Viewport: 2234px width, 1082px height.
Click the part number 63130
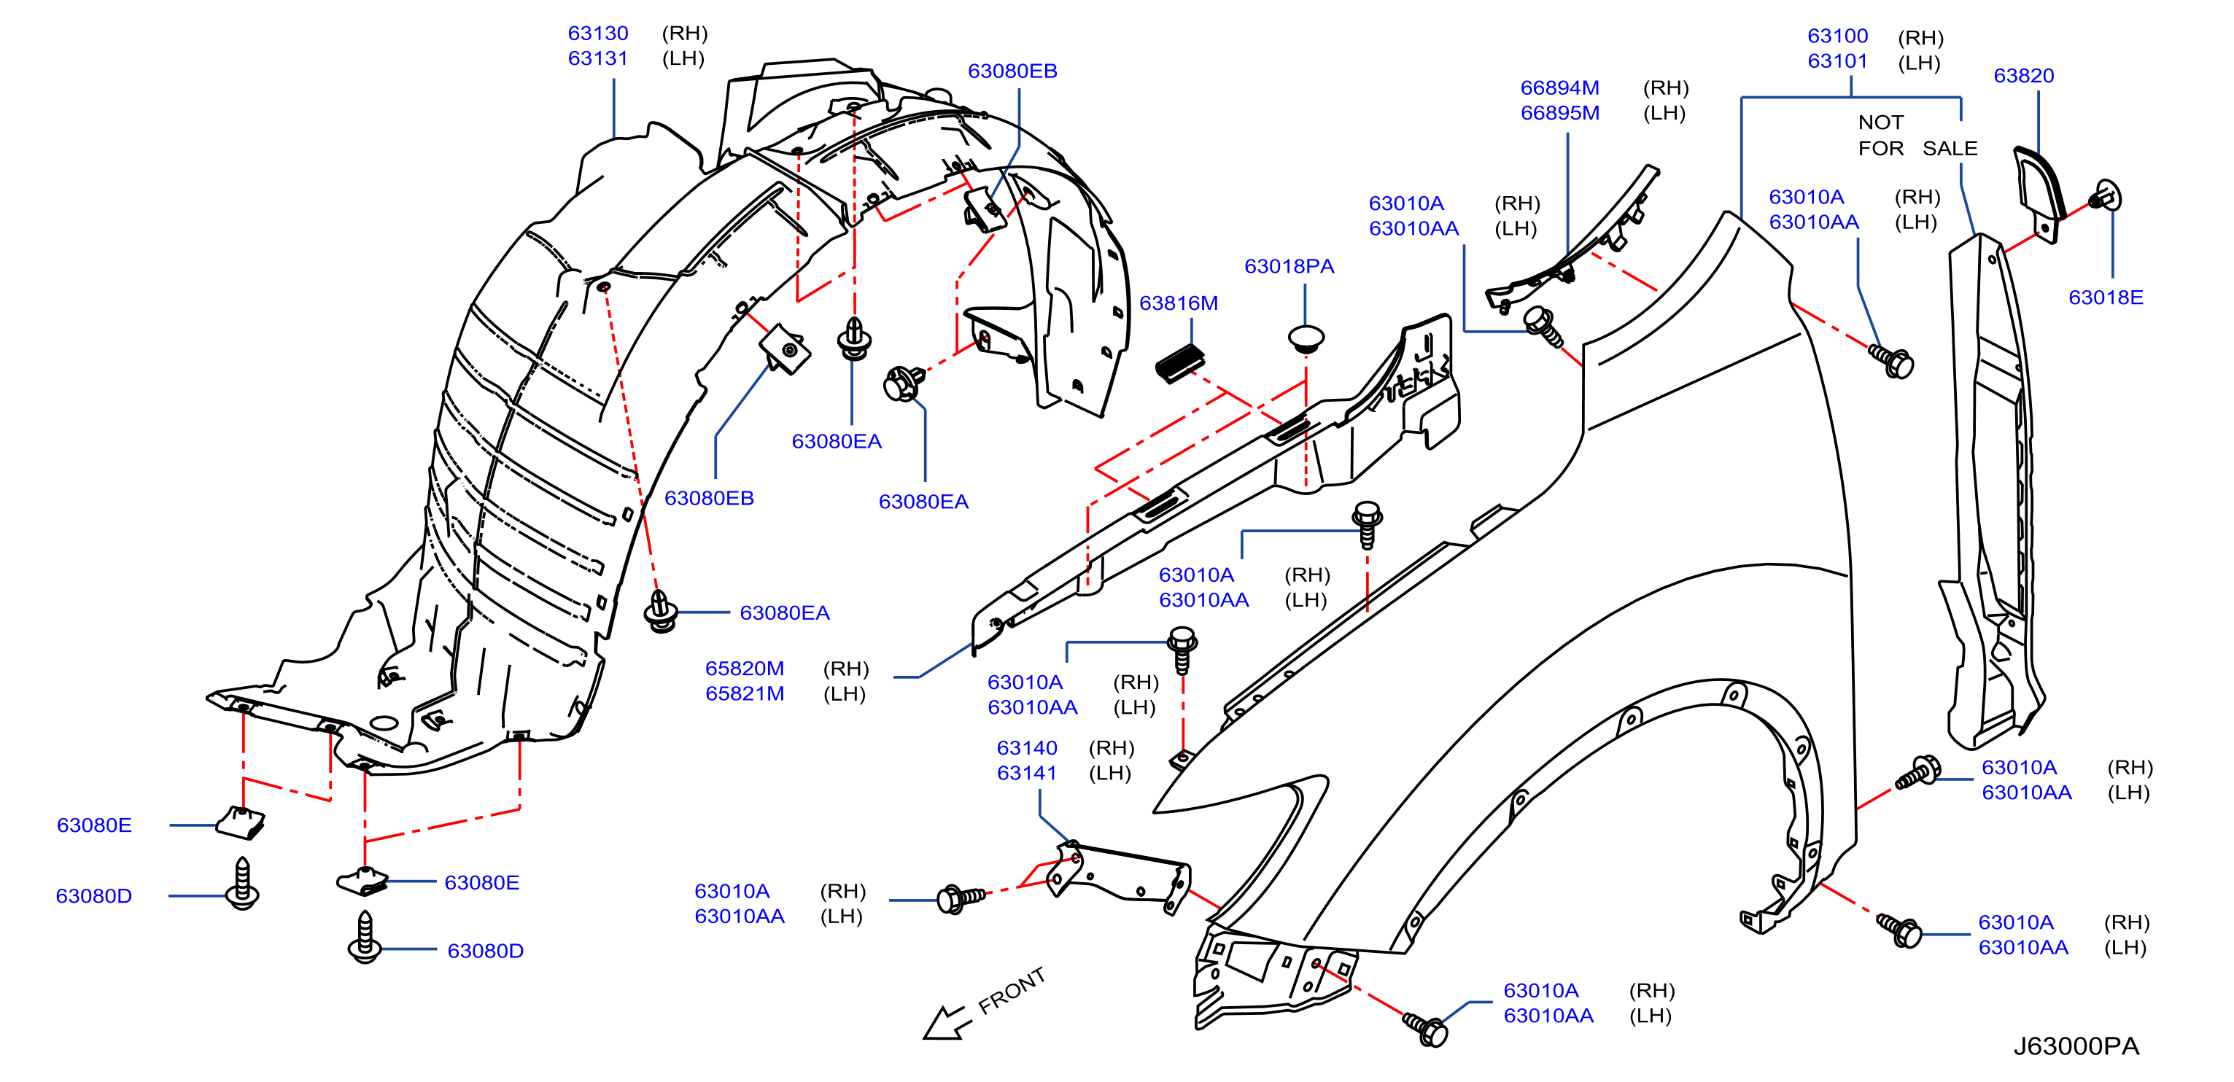(x=597, y=33)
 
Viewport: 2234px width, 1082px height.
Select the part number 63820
(x=2023, y=75)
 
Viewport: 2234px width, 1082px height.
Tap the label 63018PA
(x=1289, y=266)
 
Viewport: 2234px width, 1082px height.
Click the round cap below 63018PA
(x=1306, y=338)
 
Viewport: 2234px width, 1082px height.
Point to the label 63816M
(x=1179, y=303)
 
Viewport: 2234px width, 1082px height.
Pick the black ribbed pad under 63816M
(x=1180, y=362)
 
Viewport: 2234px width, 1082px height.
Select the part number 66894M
(x=1559, y=87)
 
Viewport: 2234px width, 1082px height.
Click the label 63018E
(x=2106, y=297)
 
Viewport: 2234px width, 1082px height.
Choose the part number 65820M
(x=744, y=669)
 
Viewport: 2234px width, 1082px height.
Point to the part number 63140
(x=1027, y=747)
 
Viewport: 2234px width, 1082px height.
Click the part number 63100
(x=1838, y=36)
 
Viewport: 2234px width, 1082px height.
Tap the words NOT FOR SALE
(x=1917, y=136)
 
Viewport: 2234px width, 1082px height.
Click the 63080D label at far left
(x=93, y=895)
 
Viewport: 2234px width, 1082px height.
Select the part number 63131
(x=597, y=58)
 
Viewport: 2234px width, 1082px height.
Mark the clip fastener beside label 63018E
(x=2106, y=197)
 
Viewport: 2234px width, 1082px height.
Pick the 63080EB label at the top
(x=1012, y=71)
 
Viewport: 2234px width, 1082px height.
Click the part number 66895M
(x=1559, y=113)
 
